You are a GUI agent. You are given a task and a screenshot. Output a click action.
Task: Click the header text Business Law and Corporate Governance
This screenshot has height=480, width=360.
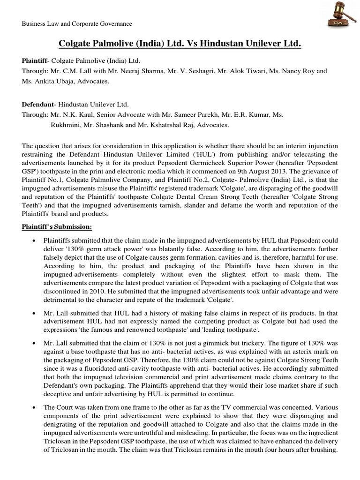pyautogui.click(x=77, y=23)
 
